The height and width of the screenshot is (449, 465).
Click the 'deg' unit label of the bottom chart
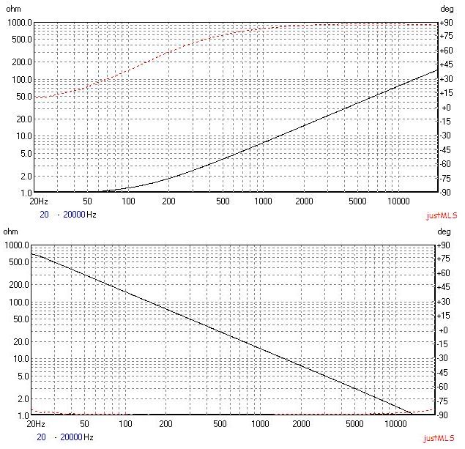click(x=447, y=232)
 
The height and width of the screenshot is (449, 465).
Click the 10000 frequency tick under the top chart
click(x=398, y=201)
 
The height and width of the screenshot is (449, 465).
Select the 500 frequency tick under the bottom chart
click(x=223, y=423)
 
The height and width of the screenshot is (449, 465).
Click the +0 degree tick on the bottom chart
click(x=445, y=330)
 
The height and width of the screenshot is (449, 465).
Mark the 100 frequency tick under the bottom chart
click(x=128, y=423)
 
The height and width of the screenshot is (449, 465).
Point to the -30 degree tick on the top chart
click(x=445, y=136)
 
